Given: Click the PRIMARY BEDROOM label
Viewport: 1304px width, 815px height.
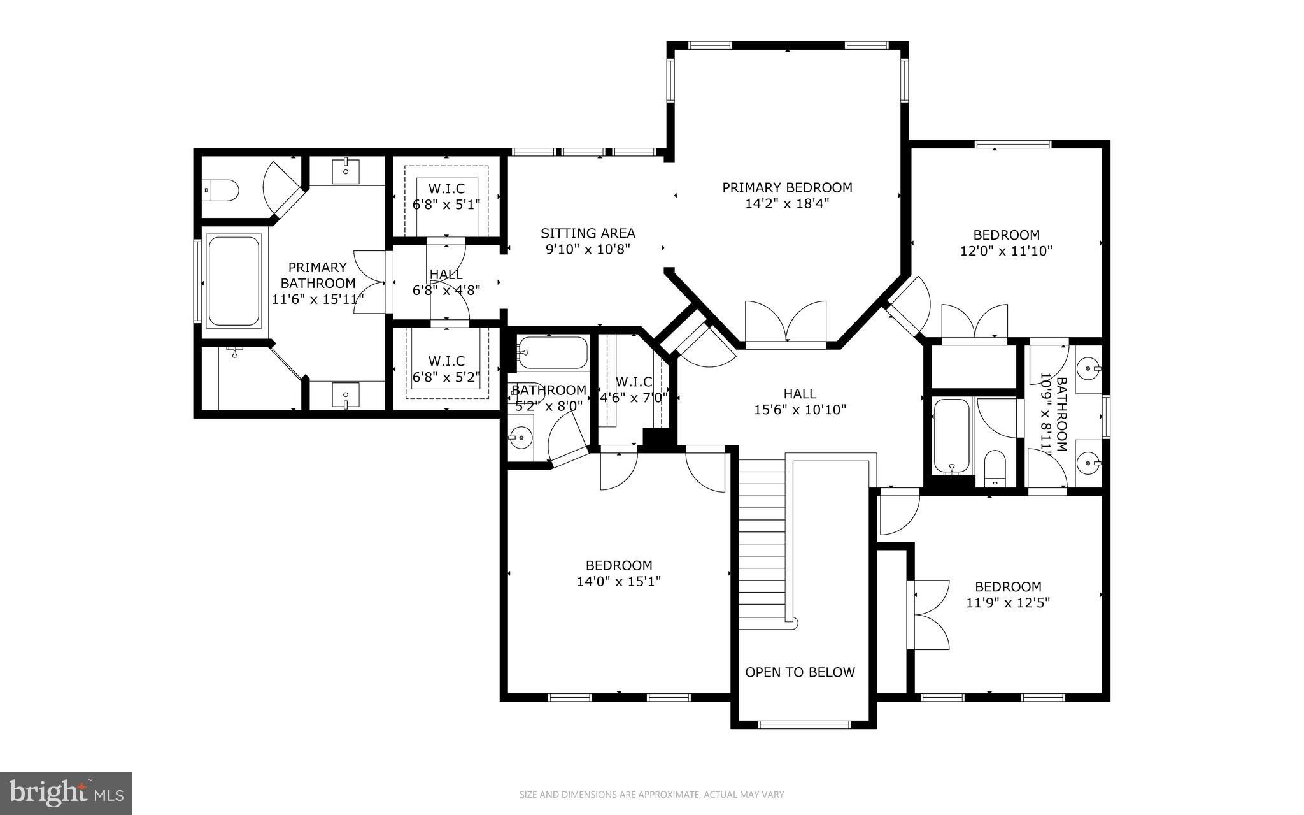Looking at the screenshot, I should click(x=787, y=187).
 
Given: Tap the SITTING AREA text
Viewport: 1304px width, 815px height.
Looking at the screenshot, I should click(x=588, y=233).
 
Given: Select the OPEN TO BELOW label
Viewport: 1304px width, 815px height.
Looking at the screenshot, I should click(x=800, y=672).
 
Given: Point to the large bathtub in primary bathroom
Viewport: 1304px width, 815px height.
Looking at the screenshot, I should click(x=234, y=280).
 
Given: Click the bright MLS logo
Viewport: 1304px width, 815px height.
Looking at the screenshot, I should click(x=66, y=793).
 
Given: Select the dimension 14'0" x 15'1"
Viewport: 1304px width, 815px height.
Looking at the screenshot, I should click(x=619, y=581).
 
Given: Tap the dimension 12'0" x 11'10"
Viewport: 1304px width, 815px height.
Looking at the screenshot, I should click(x=1006, y=251).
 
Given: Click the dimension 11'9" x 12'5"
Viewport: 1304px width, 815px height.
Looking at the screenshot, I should click(x=1008, y=602).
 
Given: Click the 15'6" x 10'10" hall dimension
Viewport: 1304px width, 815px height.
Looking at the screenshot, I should click(x=800, y=410).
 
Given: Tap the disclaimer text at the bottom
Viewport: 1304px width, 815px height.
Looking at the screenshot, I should click(x=651, y=795).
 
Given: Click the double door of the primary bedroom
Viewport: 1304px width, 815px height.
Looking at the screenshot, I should click(x=786, y=324).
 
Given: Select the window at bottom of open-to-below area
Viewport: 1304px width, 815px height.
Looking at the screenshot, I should click(x=804, y=724).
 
